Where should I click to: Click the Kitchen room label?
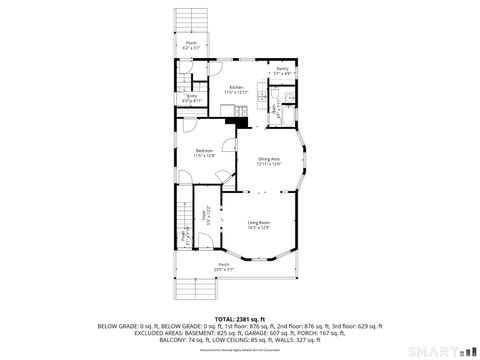pyautogui.click(x=236, y=87)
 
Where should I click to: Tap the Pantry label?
pyautogui.click(x=283, y=69)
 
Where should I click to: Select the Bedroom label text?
pyautogui.click(x=204, y=151)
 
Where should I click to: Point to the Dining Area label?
pyautogui.click(x=269, y=159)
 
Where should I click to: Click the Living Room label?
pyautogui.click(x=260, y=222)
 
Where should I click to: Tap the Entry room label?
pyautogui.click(x=192, y=96)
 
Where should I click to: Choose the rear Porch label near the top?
pyautogui.click(x=191, y=43)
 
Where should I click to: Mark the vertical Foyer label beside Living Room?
pyautogui.click(x=206, y=214)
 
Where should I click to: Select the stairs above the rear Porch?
pyautogui.click(x=189, y=21)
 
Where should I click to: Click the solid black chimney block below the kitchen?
pyautogui.click(x=234, y=122)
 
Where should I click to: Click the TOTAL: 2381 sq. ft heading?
pyautogui.click(x=239, y=318)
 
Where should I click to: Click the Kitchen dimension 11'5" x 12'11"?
pyautogui.click(x=236, y=92)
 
